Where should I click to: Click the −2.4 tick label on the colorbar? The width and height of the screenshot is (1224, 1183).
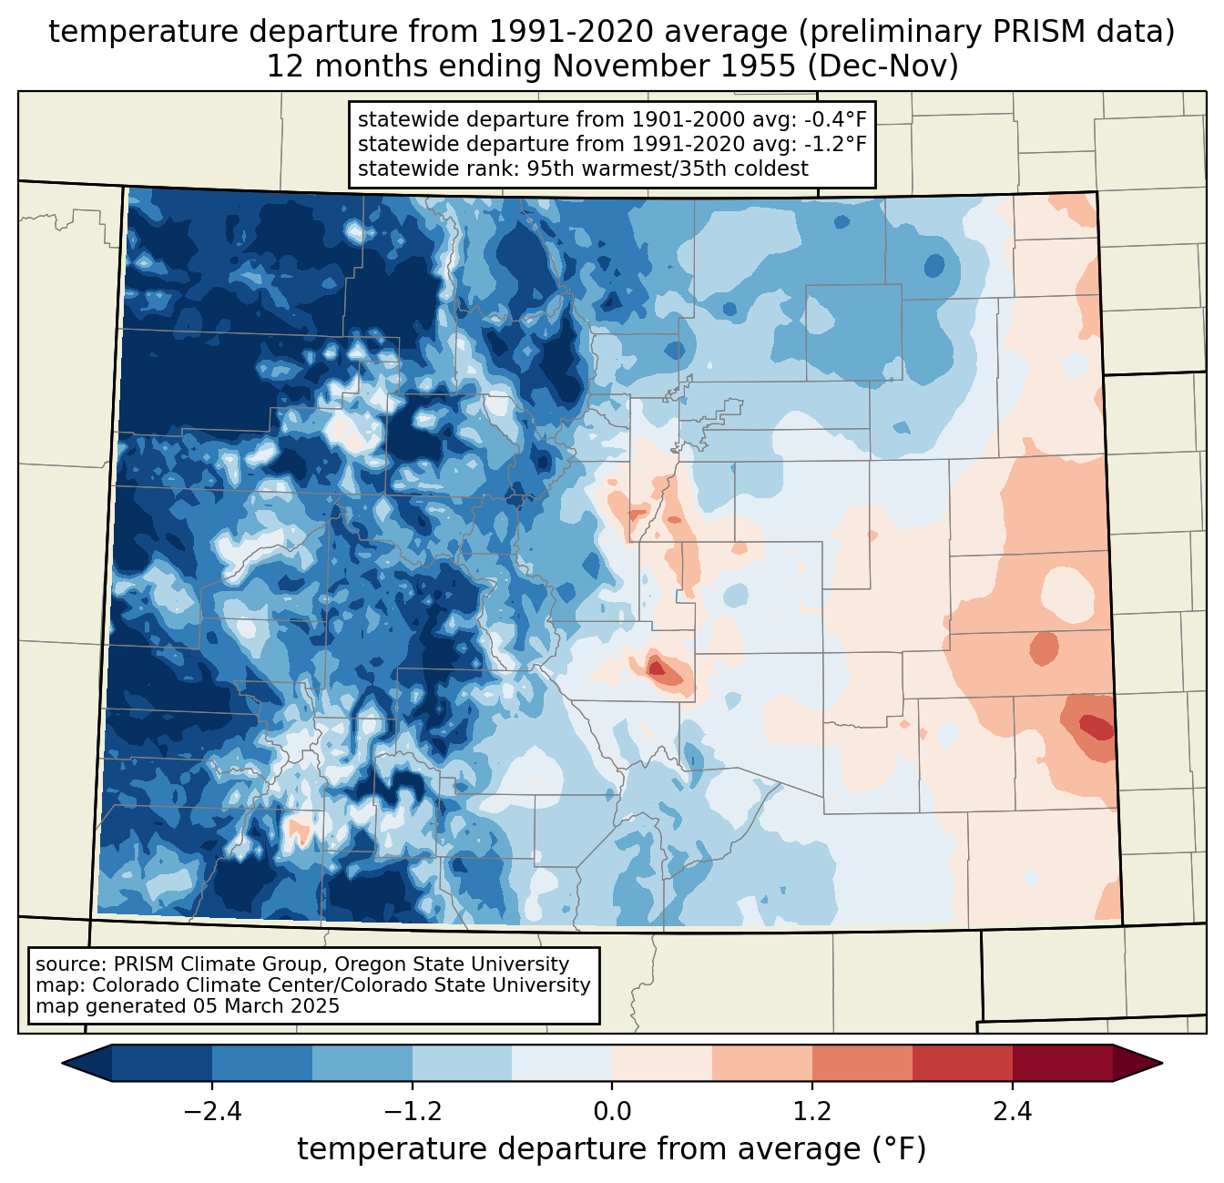tap(212, 1112)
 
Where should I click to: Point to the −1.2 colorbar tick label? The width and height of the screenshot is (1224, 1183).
tap(413, 1112)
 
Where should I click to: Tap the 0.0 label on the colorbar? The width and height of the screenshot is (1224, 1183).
tap(612, 1112)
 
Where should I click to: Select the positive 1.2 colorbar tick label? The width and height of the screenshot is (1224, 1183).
tap(812, 1112)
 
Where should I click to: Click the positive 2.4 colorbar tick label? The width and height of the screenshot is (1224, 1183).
tap(1013, 1112)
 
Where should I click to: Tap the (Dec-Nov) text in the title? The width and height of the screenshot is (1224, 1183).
tap(883, 66)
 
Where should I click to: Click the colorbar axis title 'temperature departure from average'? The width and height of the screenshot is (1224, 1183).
tap(578, 1149)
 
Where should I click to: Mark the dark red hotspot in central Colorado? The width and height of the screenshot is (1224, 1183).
tap(656, 668)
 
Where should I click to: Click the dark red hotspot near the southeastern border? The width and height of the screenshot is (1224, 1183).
tap(1096, 727)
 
